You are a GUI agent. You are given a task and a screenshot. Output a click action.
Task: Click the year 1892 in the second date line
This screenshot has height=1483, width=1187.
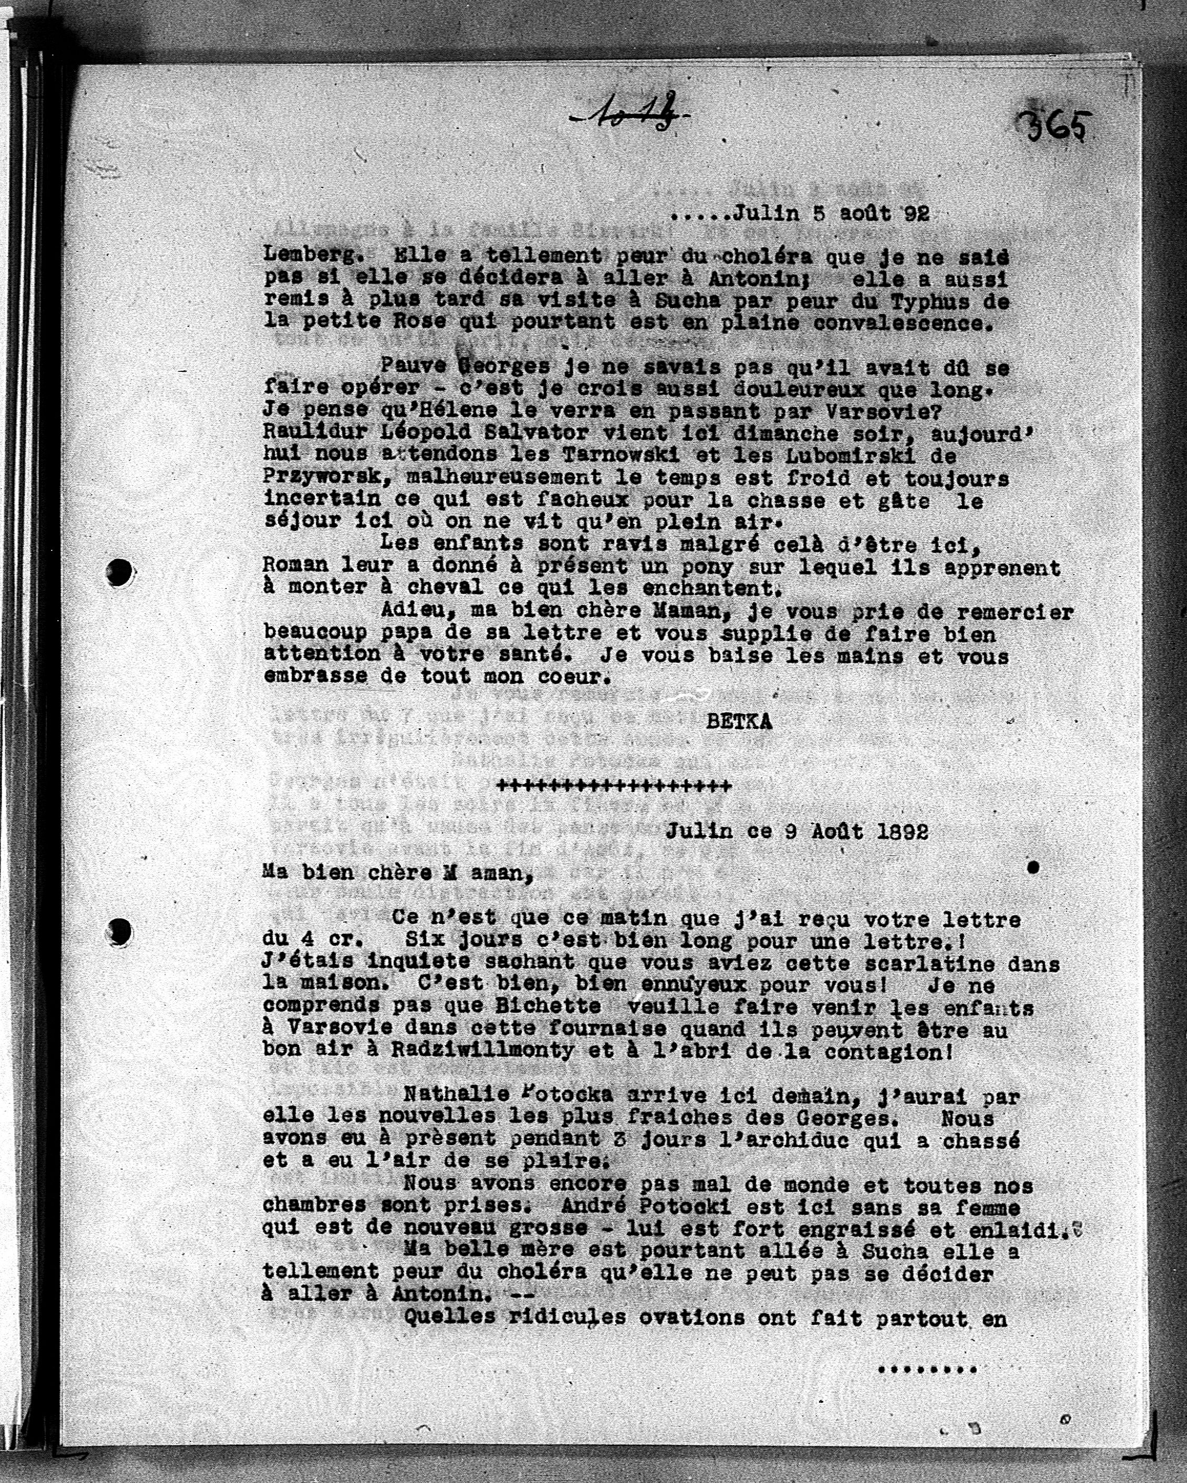coord(903,832)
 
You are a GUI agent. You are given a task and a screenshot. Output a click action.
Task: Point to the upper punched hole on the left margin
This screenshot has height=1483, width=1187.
coord(120,572)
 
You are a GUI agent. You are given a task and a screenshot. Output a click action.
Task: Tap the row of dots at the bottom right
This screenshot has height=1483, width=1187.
coord(927,1370)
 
